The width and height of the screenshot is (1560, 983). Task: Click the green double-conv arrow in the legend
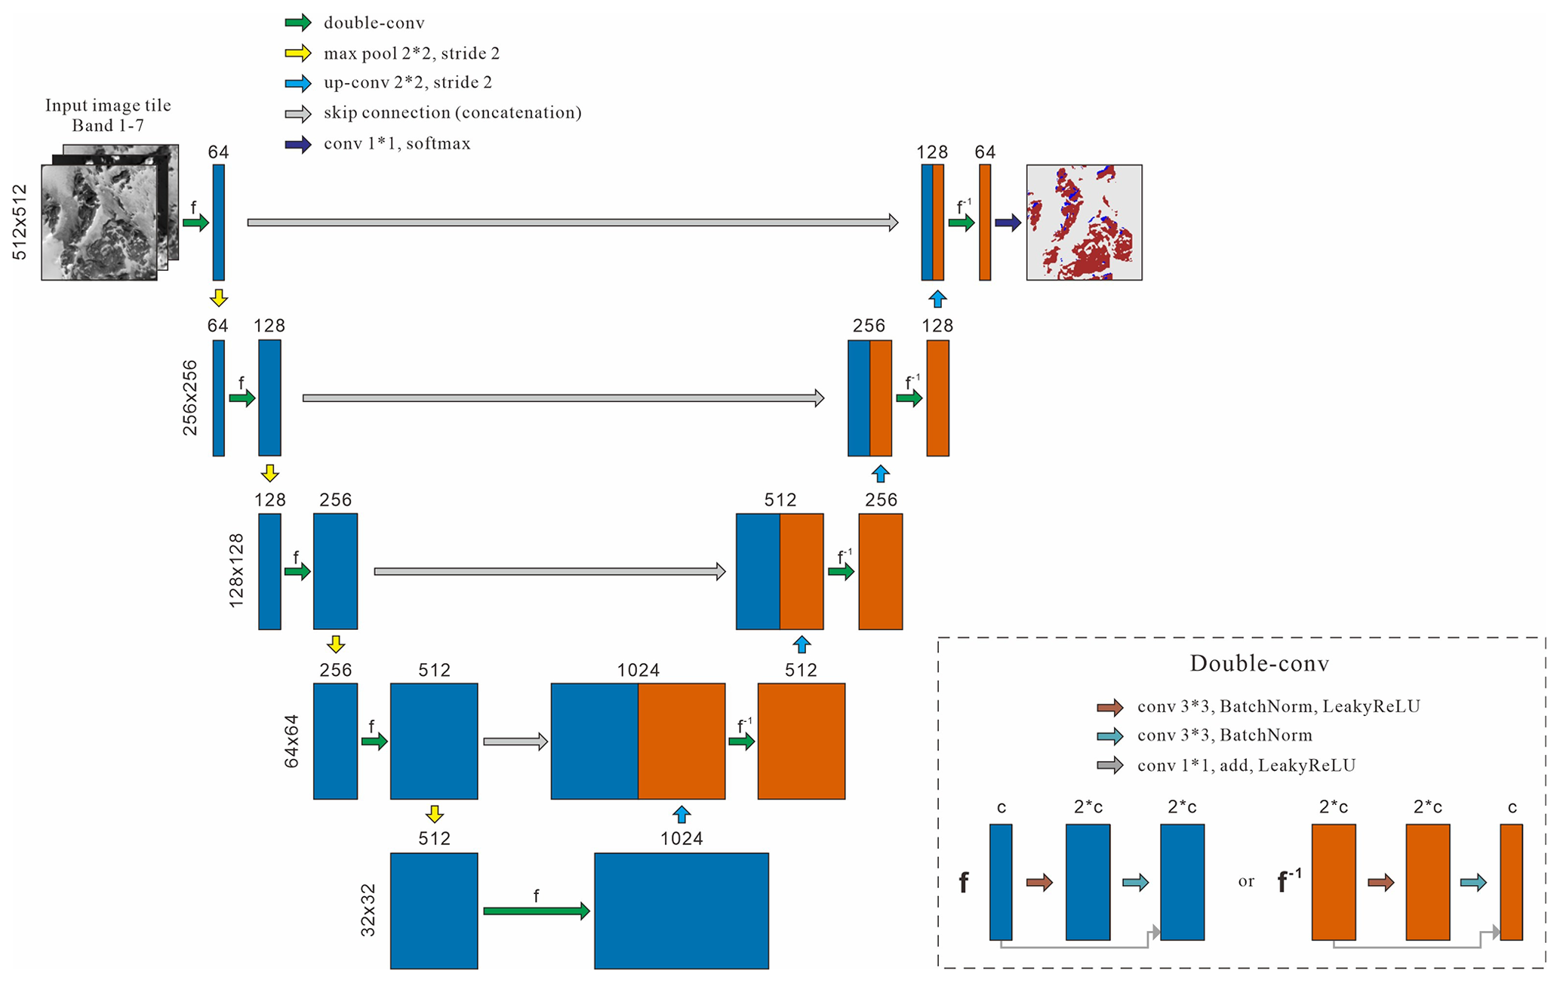297,23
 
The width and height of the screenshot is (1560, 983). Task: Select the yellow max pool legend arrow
297,53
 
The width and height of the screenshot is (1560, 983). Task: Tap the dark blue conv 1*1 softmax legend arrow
297,144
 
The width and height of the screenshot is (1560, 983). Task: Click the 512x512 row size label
20,222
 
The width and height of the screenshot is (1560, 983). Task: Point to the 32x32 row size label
368,910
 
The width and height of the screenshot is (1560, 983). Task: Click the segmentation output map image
1084,223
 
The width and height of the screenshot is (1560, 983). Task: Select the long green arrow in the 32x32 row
536,911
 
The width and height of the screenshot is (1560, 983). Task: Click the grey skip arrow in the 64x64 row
515,742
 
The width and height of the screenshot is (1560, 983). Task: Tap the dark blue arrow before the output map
1008,223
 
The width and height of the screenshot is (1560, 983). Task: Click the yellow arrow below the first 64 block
219,298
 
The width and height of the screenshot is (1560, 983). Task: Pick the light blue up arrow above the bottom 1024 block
682,814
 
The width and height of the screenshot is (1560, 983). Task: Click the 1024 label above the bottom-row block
682,838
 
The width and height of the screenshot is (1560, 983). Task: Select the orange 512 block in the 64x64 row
801,741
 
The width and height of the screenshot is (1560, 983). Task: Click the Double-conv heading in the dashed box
1259,663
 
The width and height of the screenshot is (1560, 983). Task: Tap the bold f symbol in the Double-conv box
964,882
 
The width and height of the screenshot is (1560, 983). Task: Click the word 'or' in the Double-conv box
1246,881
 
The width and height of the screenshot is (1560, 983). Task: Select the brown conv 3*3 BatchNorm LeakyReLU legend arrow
1109,707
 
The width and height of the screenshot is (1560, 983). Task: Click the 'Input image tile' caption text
108,106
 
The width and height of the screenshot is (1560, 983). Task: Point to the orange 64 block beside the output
984,223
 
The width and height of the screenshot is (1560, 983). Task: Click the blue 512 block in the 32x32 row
434,911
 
